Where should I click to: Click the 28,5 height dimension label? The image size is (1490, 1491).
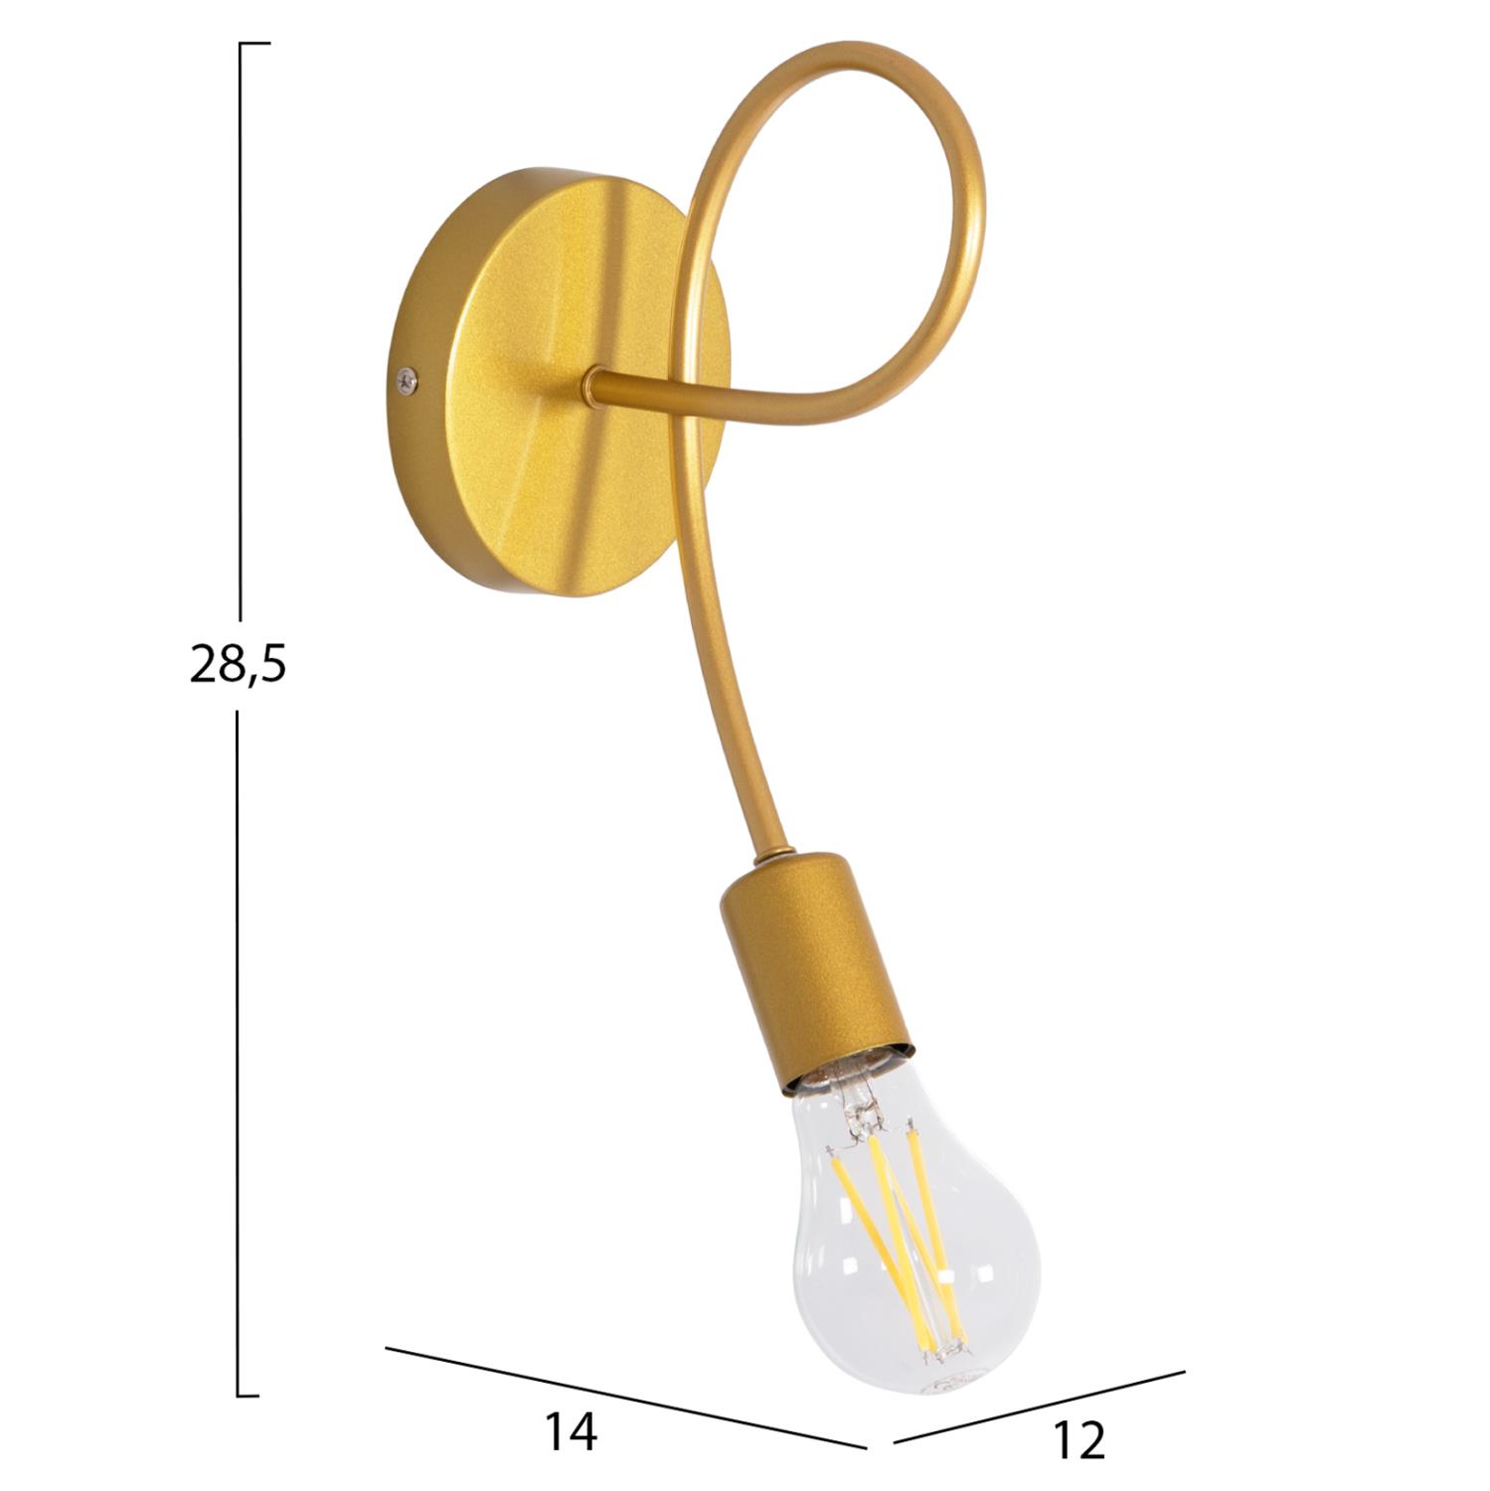(238, 664)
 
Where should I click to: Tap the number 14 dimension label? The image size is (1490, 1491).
(571, 1432)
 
